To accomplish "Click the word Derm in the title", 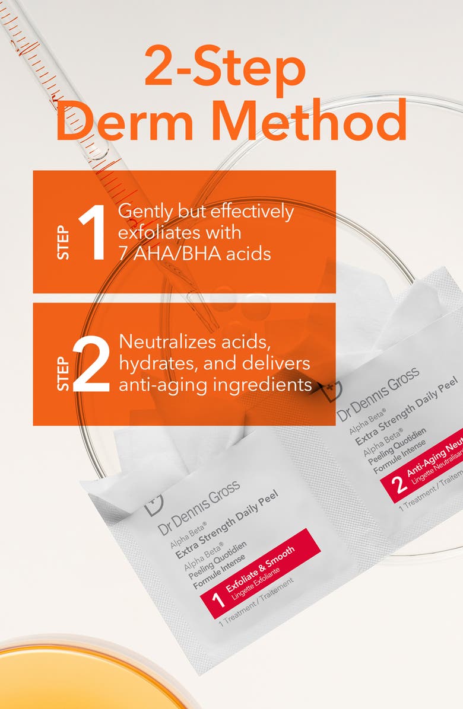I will pos(127,120).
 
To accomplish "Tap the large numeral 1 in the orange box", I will pos(92,232).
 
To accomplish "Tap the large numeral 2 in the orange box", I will pos(91,364).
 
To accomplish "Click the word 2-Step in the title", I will pos(224,69).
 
